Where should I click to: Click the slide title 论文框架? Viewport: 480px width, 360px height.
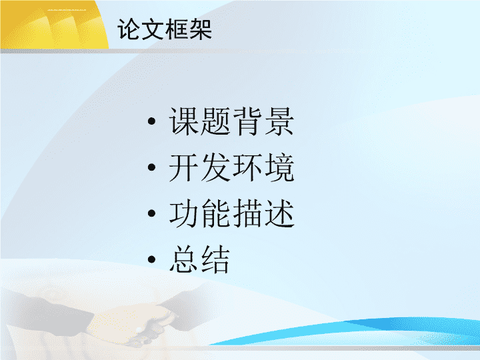tap(165, 29)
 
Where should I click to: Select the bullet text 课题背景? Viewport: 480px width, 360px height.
tap(231, 121)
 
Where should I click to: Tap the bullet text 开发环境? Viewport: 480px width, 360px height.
tap(231, 167)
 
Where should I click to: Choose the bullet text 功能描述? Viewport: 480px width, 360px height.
tap(231, 213)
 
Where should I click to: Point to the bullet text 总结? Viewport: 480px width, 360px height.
tap(199, 259)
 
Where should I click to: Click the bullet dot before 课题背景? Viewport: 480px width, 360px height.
tap(151, 121)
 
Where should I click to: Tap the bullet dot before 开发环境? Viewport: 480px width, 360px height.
tap(151, 167)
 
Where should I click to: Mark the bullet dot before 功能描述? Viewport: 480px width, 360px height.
tap(151, 213)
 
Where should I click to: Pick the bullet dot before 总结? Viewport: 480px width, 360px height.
tap(151, 259)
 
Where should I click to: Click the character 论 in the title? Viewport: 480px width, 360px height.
tap(129, 29)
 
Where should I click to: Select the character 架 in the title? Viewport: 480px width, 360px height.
tap(201, 29)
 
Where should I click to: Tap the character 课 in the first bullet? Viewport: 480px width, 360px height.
tap(184, 121)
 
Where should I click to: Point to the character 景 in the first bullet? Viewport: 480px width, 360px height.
tap(279, 121)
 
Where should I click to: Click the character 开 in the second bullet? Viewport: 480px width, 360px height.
tap(184, 167)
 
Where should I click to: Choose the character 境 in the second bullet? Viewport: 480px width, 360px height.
tap(279, 167)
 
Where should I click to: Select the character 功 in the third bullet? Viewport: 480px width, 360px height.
tap(184, 213)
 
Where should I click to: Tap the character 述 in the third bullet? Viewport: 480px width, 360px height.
tap(279, 213)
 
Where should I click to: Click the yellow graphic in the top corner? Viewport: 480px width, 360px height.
tap(53, 25)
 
